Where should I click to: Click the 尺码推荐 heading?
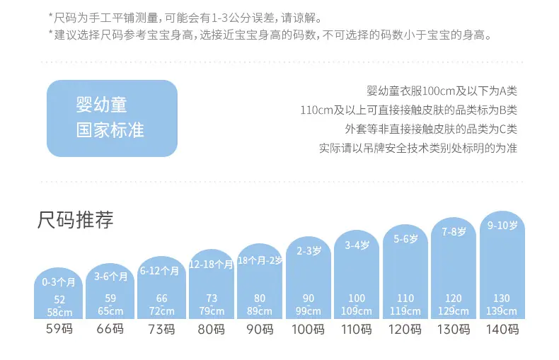click(76, 219)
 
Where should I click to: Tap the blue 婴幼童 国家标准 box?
click(112, 118)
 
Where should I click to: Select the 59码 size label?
click(59, 329)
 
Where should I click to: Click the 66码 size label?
click(110, 329)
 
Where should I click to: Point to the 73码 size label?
click(161, 329)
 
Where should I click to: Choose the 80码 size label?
click(211, 329)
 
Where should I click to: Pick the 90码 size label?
click(260, 329)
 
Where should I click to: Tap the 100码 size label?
click(308, 329)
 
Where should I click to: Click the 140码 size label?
click(502, 329)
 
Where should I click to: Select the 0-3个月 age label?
click(59, 282)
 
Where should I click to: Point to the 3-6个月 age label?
click(110, 277)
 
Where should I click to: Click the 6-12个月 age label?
click(159, 271)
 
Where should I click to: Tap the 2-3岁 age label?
click(309, 251)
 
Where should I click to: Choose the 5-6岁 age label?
click(405, 239)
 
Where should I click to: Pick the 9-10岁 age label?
click(502, 226)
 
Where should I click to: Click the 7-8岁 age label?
click(454, 232)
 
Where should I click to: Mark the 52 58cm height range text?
click(59, 306)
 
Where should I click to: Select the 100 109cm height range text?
click(357, 304)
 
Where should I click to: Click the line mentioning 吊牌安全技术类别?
click(417, 148)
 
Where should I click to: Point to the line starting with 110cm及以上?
click(408, 110)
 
